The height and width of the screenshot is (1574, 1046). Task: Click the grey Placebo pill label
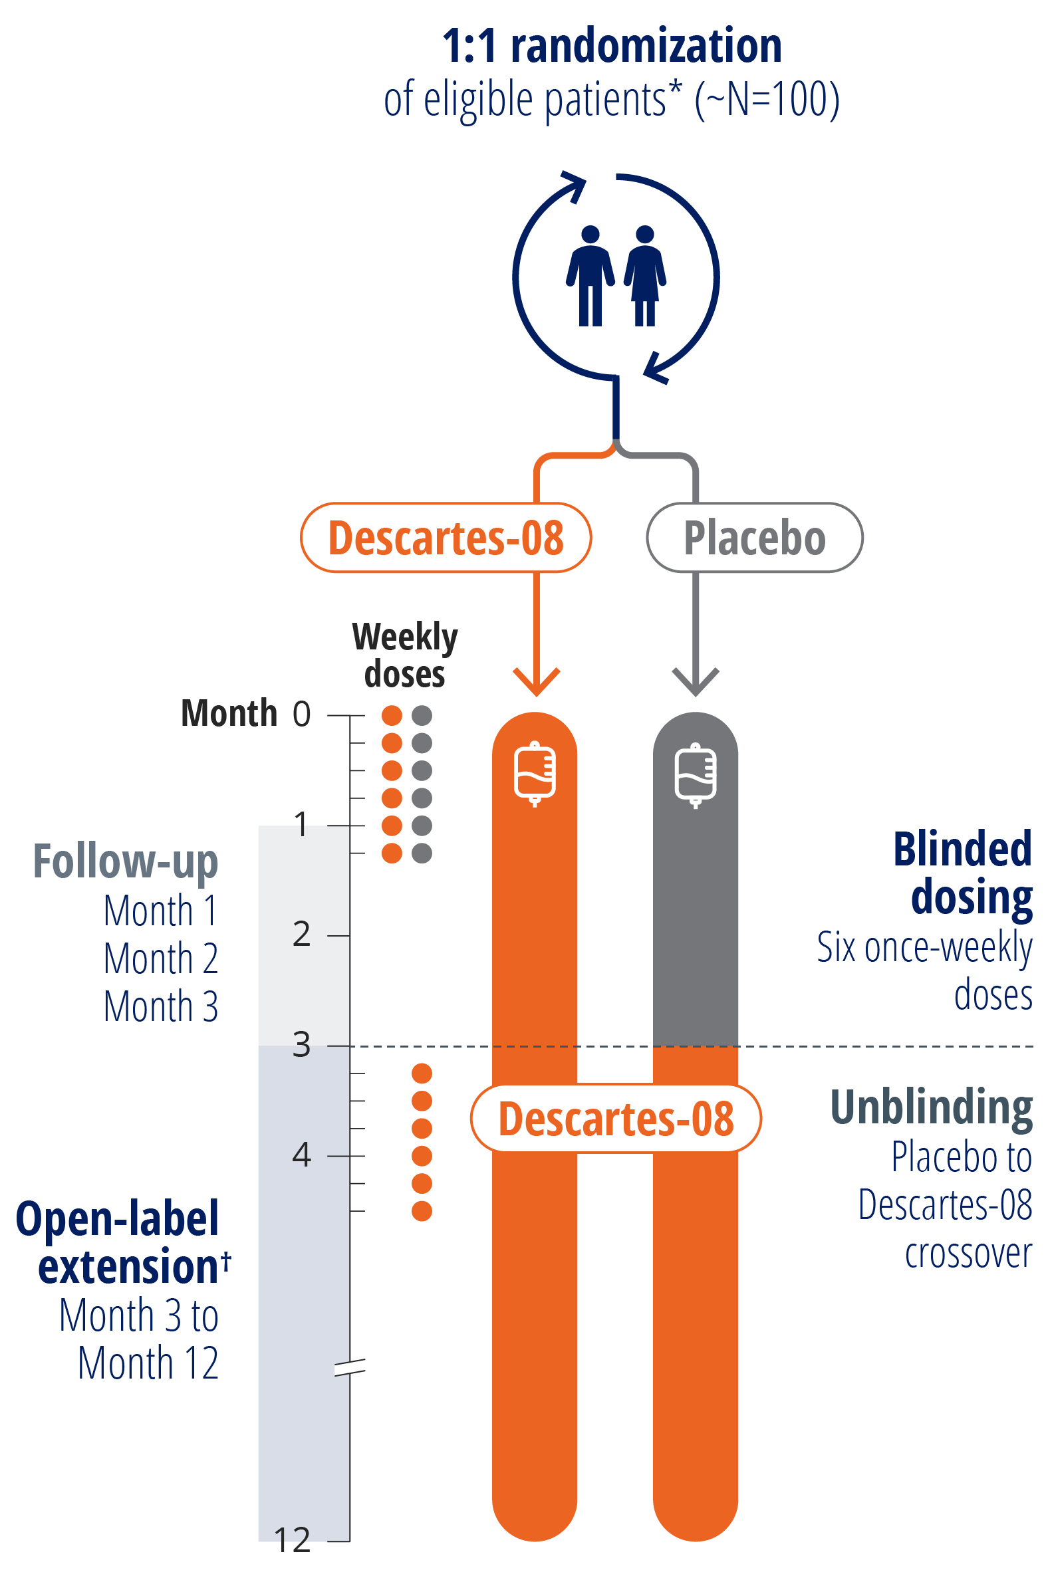pos(755,537)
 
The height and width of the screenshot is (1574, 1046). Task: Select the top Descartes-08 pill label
pos(446,537)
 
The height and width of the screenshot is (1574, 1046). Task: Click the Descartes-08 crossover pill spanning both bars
pos(616,1119)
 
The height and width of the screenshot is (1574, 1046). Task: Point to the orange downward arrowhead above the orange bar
pos(536,681)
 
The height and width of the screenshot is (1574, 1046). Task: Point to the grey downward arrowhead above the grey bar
pos(695,681)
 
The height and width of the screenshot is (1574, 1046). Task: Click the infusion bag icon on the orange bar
pos(535,773)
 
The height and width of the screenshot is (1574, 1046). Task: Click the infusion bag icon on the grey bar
pos(695,774)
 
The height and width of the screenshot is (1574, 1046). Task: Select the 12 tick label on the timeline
pos(292,1540)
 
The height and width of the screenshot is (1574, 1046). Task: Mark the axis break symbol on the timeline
pos(350,1367)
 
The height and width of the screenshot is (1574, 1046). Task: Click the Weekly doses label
pos(405,655)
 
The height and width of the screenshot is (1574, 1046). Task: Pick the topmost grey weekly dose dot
pos(422,715)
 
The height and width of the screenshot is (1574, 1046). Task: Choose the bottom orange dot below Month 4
pos(422,1210)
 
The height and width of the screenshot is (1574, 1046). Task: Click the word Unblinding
pos(930,1107)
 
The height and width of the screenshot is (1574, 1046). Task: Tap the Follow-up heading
pos(126,861)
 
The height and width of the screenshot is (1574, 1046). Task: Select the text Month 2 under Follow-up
pos(161,958)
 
